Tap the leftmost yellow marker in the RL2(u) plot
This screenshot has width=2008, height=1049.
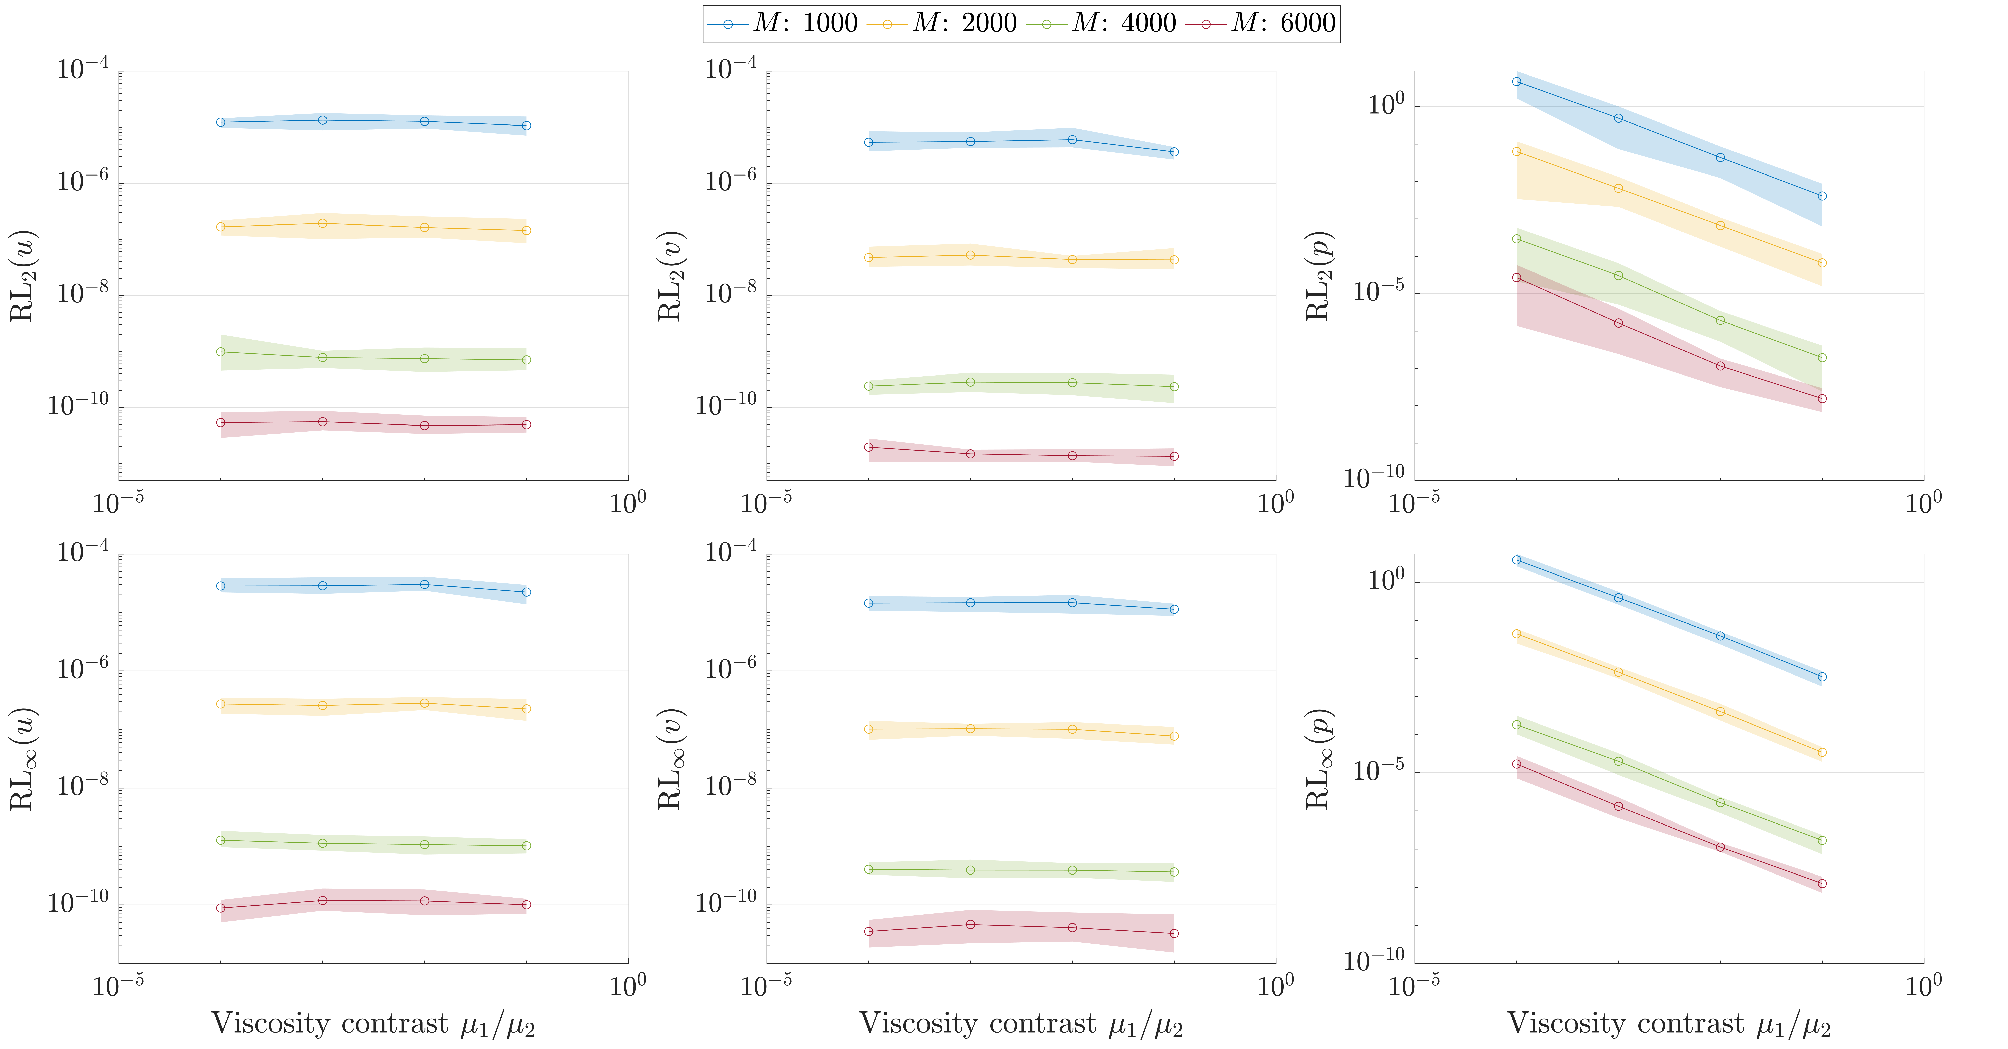tap(221, 227)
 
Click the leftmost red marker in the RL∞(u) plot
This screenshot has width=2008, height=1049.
tap(221, 908)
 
